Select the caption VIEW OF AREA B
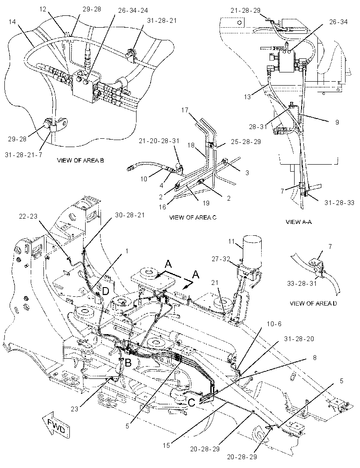click(80, 160)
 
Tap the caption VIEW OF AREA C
click(193, 217)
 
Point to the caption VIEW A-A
click(299, 222)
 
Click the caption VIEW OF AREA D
click(313, 303)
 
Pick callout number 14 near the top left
click(12, 22)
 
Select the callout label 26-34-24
click(133, 11)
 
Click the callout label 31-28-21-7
click(24, 155)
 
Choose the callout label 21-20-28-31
click(159, 140)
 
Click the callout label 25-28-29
click(246, 141)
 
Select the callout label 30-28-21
click(130, 215)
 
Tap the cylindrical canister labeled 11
click(252, 250)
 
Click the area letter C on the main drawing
click(191, 403)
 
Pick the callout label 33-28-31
click(302, 283)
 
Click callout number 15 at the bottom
click(166, 445)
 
